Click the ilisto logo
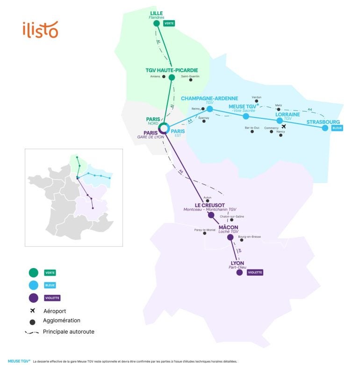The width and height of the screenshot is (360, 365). [x=40, y=29]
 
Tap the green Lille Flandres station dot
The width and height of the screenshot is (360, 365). [x=157, y=23]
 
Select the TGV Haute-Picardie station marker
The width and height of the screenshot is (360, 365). [x=172, y=78]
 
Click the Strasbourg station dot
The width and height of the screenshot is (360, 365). [x=325, y=127]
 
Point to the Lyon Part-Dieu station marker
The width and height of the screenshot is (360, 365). [x=239, y=272]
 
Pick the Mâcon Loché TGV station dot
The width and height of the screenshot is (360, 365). [x=230, y=237]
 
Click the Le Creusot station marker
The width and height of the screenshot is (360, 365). [x=211, y=215]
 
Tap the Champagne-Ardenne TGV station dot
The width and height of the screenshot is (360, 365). [x=209, y=109]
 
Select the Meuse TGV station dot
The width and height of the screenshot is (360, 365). [x=246, y=116]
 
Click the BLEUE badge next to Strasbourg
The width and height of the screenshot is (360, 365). [x=337, y=127]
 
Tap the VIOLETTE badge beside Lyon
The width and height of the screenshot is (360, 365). [x=255, y=272]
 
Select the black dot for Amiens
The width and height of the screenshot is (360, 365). [x=164, y=77]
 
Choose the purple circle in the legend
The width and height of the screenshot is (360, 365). [x=33, y=298]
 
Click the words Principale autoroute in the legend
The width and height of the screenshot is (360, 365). [x=69, y=332]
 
